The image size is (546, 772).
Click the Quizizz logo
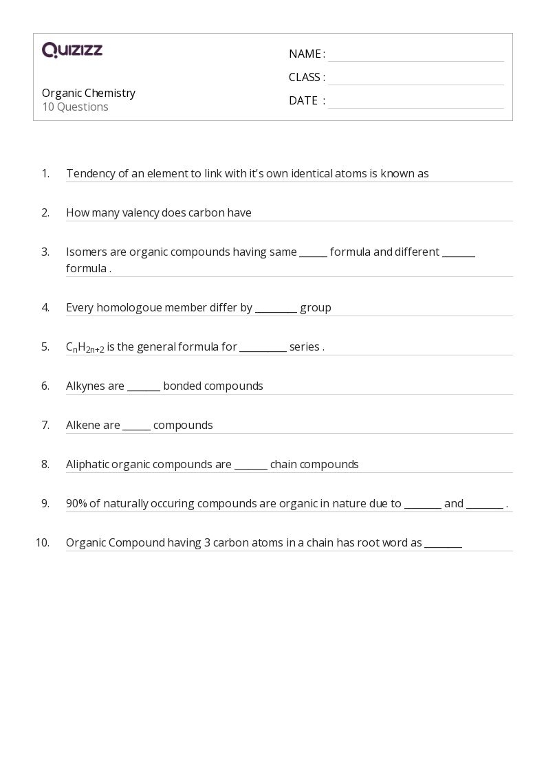click(72, 50)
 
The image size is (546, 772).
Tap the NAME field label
click(305, 54)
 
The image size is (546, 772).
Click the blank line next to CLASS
click(415, 78)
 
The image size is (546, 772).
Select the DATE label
click(303, 101)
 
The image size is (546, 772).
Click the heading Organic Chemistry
click(89, 93)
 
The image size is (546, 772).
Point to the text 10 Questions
click(75, 107)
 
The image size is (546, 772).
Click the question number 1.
click(45, 174)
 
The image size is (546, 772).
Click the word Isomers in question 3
click(87, 252)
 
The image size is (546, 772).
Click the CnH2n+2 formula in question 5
click(85, 348)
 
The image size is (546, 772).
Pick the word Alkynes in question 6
click(85, 386)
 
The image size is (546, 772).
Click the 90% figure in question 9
click(76, 504)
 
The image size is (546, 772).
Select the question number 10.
click(43, 543)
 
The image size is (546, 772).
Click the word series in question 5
click(304, 347)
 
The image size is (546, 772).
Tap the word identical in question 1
click(312, 174)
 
